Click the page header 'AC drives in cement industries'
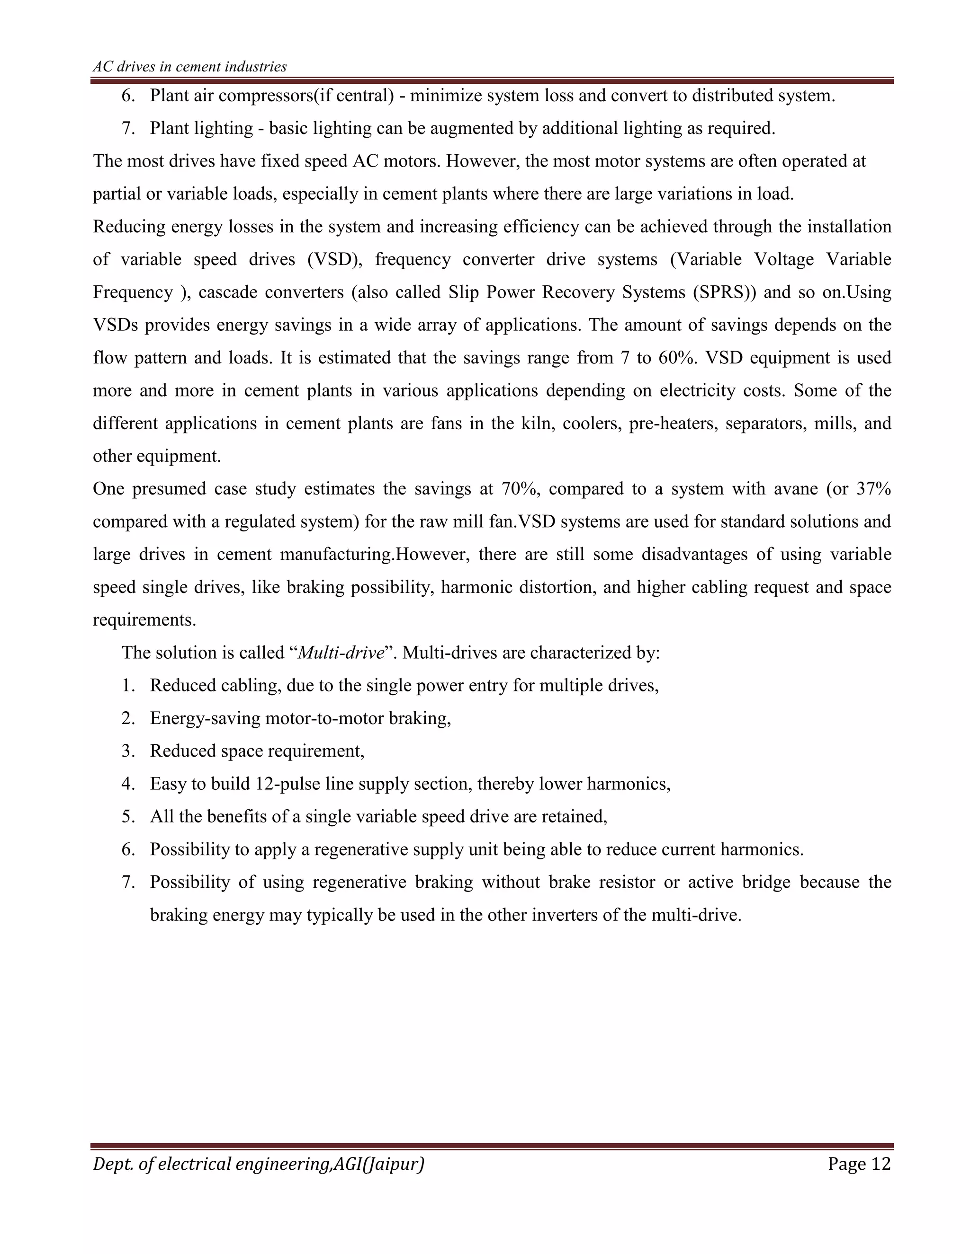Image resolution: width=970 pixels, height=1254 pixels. (189, 67)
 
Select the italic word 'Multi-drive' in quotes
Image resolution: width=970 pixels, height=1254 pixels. (341, 653)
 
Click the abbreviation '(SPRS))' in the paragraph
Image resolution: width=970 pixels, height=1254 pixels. (725, 292)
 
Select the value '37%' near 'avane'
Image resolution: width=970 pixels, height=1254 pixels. (873, 489)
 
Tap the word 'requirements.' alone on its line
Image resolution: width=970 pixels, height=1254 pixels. (145, 620)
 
